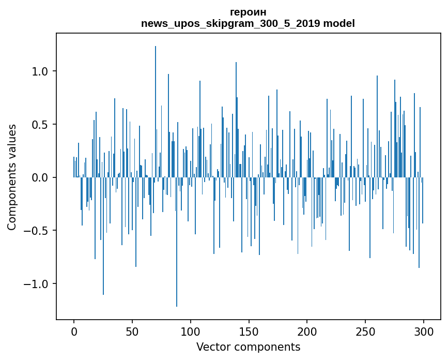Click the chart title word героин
pos(248,12)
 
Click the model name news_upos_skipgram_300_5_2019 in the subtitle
pos(230,23)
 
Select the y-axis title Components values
pos(12,177)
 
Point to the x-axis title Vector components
pos(248,347)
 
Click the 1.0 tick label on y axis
pos(40,71)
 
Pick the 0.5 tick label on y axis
pos(40,125)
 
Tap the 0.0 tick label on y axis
pos(40,178)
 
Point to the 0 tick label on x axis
pos(74,331)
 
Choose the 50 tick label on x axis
pos(132,331)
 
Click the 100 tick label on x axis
pos(191,331)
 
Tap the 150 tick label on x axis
pos(249,331)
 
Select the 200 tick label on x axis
pos(307,331)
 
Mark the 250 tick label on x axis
pos(365,331)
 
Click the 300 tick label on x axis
pos(424,331)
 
